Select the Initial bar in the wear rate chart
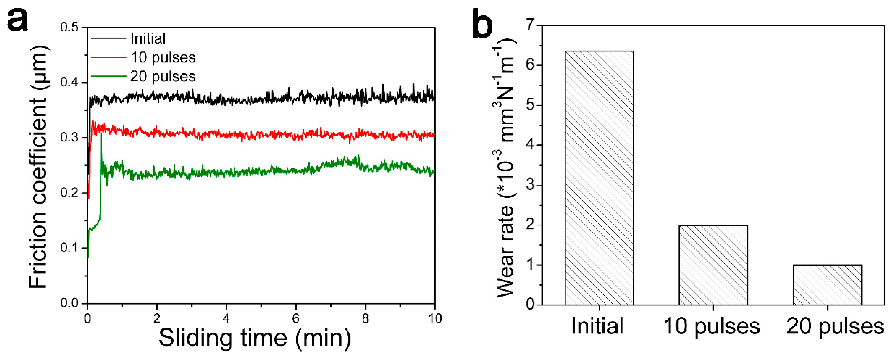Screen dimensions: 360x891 pyautogui.click(x=599, y=178)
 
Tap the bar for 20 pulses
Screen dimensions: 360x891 pyautogui.click(x=827, y=285)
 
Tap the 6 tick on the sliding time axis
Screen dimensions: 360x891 pyautogui.click(x=295, y=318)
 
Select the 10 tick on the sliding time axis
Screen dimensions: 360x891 pyautogui.click(x=435, y=318)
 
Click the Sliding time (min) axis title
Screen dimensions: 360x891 pyautogui.click(x=255, y=338)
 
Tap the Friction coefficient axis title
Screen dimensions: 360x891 pyautogui.click(x=38, y=166)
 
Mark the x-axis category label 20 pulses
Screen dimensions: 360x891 pyautogui.click(x=835, y=326)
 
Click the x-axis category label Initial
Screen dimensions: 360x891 pyautogui.click(x=597, y=326)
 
